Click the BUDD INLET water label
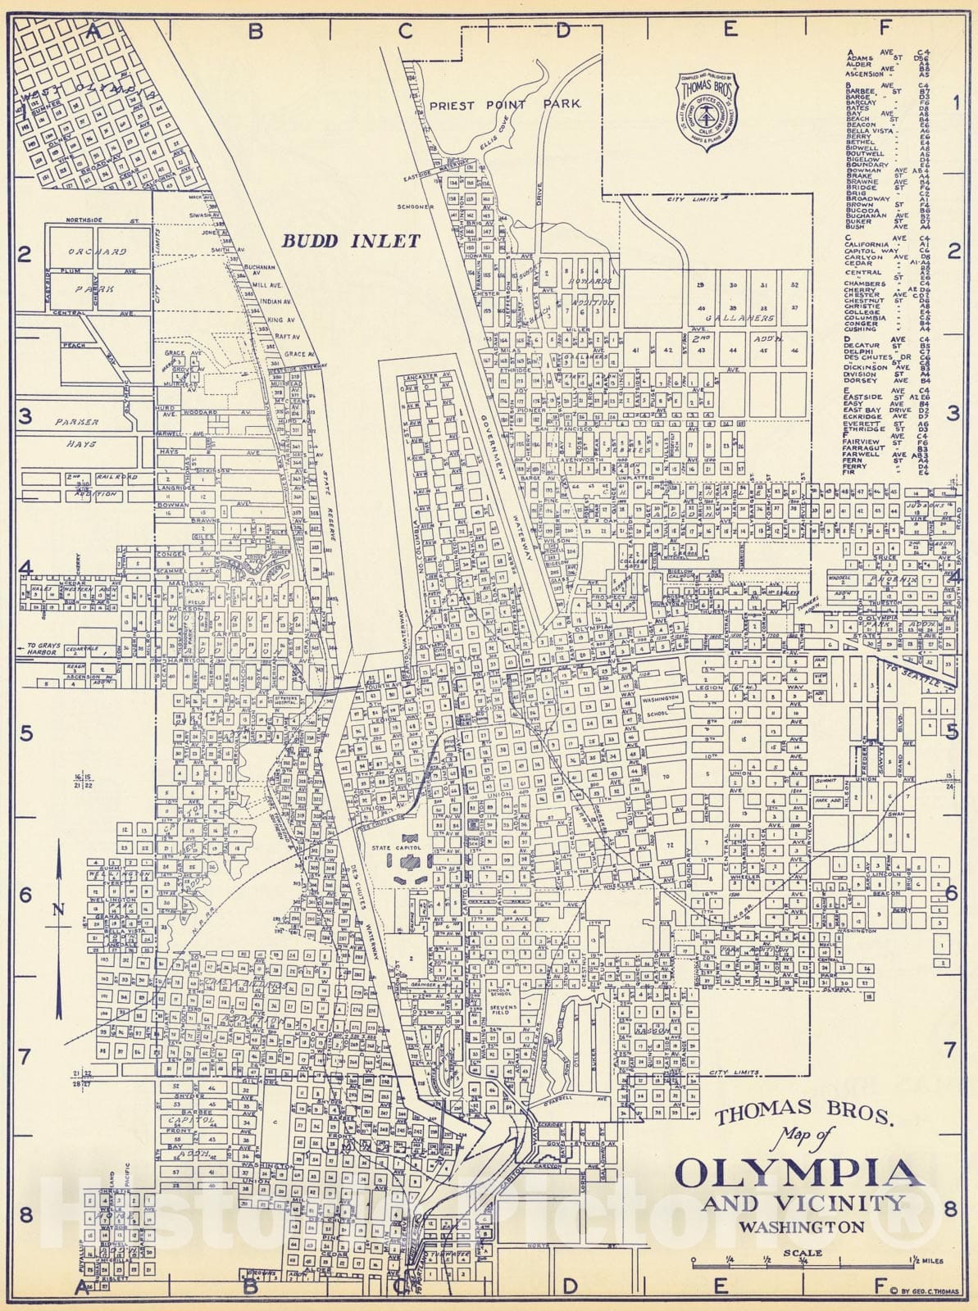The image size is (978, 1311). tap(351, 241)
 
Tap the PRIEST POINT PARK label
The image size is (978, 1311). tap(504, 104)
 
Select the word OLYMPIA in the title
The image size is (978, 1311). tap(798, 1174)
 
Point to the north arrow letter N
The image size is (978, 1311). tap(57, 909)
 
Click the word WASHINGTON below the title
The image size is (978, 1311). tap(802, 1227)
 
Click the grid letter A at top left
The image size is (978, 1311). tap(93, 31)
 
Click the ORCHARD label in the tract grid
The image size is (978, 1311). tap(98, 252)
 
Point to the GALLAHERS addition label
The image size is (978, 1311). tap(743, 318)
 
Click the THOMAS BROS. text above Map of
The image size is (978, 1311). tap(802, 1114)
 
